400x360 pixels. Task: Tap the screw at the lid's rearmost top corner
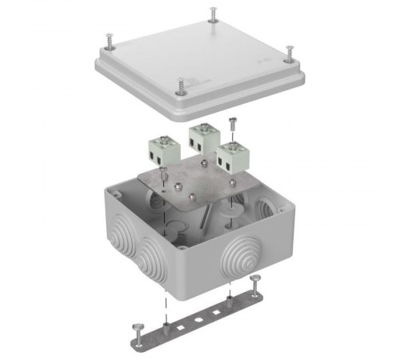click(x=214, y=14)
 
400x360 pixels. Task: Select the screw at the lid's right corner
click(x=290, y=52)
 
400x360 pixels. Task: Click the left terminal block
click(x=163, y=150)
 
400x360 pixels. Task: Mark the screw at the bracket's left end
click(x=134, y=327)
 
